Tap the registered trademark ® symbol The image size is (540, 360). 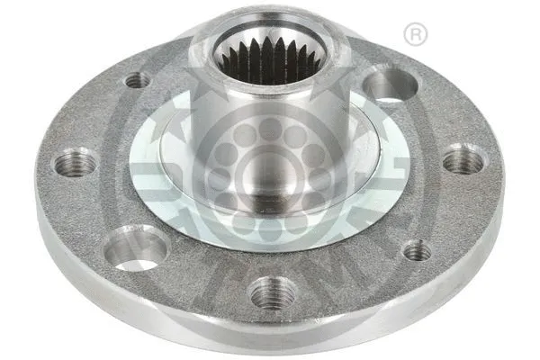point(415,34)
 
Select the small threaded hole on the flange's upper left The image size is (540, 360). point(137,80)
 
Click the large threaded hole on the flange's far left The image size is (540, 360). point(76,164)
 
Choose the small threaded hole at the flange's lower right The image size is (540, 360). point(416,251)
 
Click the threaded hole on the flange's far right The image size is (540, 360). point(463,160)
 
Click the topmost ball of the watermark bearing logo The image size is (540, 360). point(269,129)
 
